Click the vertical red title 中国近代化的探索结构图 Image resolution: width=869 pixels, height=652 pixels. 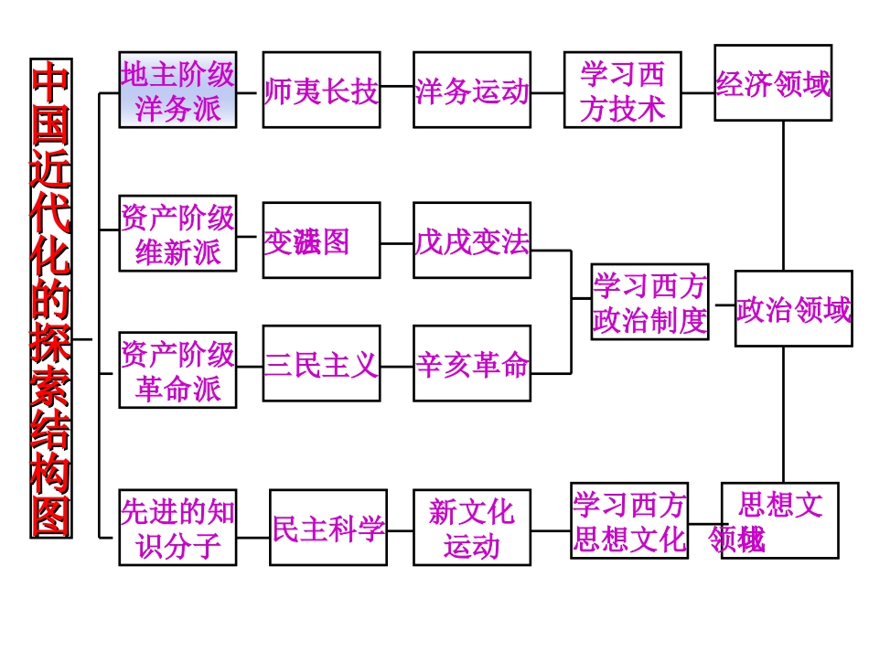tap(51, 298)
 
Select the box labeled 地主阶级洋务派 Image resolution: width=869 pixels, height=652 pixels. tap(177, 90)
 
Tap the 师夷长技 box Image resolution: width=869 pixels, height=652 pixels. tap(321, 90)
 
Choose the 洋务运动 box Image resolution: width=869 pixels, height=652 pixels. tap(472, 90)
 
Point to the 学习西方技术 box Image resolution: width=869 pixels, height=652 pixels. tap(622, 90)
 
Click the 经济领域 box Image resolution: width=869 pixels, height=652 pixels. tap(773, 83)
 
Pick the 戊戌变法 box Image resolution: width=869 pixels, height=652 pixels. tap(472, 240)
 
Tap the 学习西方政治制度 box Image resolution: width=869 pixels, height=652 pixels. tap(649, 302)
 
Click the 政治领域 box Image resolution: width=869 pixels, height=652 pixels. tap(792, 312)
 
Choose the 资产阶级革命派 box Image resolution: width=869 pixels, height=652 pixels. tap(177, 371)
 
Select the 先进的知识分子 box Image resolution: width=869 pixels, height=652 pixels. tap(177, 528)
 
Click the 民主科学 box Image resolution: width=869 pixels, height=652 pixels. tap(328, 528)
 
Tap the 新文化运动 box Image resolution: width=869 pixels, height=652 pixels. tap(472, 528)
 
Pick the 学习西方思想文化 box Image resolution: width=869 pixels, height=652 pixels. tap(629, 520)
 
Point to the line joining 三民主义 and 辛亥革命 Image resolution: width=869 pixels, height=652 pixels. tap(397, 367)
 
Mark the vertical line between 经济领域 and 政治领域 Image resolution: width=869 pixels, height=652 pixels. tap(783, 196)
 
